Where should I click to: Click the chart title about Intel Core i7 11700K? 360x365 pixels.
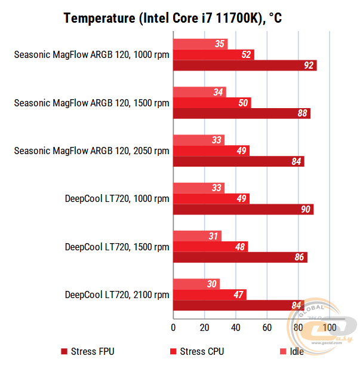173,19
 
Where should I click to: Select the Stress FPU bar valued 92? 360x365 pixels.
245,65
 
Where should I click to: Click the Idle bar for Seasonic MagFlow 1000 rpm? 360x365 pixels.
200,44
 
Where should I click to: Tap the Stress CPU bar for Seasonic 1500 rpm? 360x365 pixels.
212,103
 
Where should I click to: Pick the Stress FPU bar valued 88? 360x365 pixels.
242,114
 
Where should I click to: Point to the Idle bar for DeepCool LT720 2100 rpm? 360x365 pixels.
196,284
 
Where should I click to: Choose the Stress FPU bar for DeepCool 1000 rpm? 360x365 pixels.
243,209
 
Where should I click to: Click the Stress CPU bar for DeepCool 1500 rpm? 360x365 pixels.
210,247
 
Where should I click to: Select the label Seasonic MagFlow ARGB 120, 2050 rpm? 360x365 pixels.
91,151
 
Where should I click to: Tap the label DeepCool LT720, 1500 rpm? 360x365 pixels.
117,247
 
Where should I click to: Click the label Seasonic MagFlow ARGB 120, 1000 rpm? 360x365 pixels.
91,55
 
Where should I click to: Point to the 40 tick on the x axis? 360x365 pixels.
236,327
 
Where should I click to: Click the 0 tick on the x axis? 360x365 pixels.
173,327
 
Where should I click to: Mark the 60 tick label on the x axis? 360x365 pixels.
267,327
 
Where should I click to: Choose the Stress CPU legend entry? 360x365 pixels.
197,351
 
